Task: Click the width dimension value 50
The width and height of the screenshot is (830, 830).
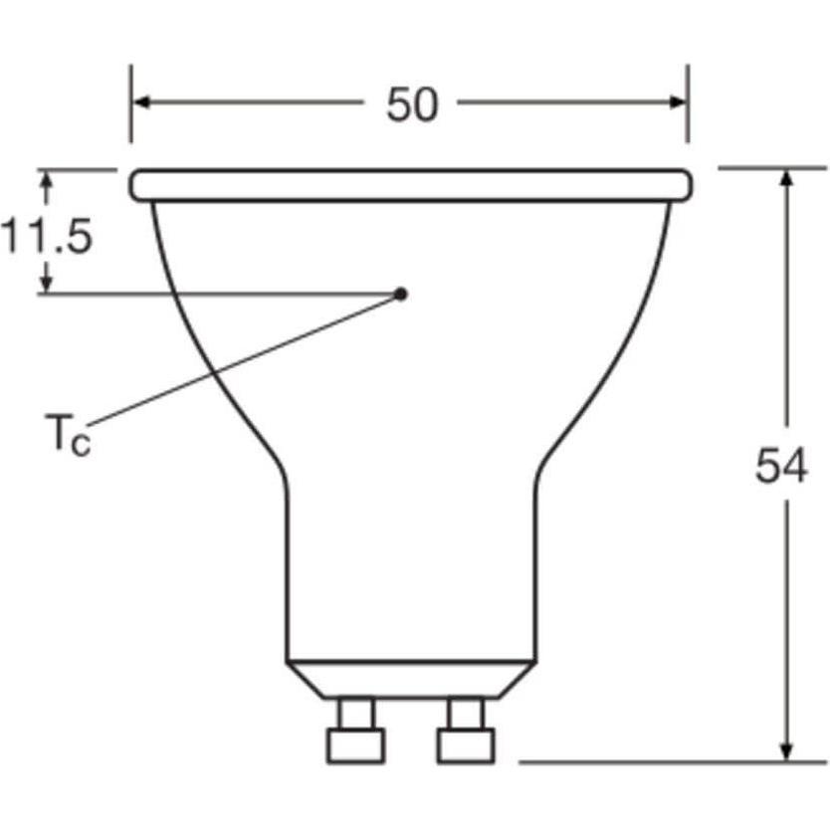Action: pyautogui.click(x=411, y=104)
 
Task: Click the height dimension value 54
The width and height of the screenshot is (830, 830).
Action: pyautogui.click(x=780, y=467)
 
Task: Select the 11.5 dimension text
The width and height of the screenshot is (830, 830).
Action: pyautogui.click(x=47, y=238)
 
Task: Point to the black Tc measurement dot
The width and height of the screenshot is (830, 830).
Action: pyautogui.click(x=401, y=293)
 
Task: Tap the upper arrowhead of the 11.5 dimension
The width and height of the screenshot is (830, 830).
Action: pyautogui.click(x=45, y=178)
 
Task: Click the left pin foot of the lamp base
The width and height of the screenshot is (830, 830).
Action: pyautogui.click(x=356, y=744)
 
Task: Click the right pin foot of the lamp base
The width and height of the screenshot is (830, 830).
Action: pyautogui.click(x=464, y=744)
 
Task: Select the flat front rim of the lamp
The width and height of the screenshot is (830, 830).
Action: pyautogui.click(x=411, y=185)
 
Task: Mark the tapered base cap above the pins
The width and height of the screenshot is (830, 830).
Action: pyautogui.click(x=411, y=679)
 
